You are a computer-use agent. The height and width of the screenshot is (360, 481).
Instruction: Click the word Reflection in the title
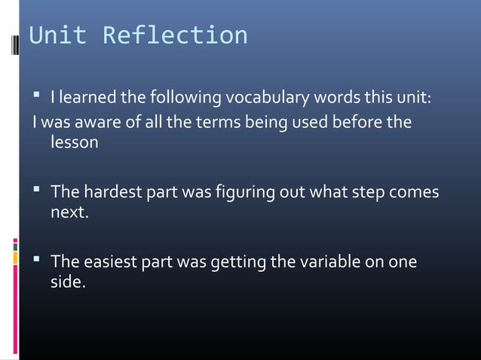(175, 35)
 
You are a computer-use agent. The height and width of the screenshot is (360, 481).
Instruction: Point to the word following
(186, 98)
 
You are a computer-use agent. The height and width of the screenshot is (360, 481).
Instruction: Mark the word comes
(414, 192)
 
